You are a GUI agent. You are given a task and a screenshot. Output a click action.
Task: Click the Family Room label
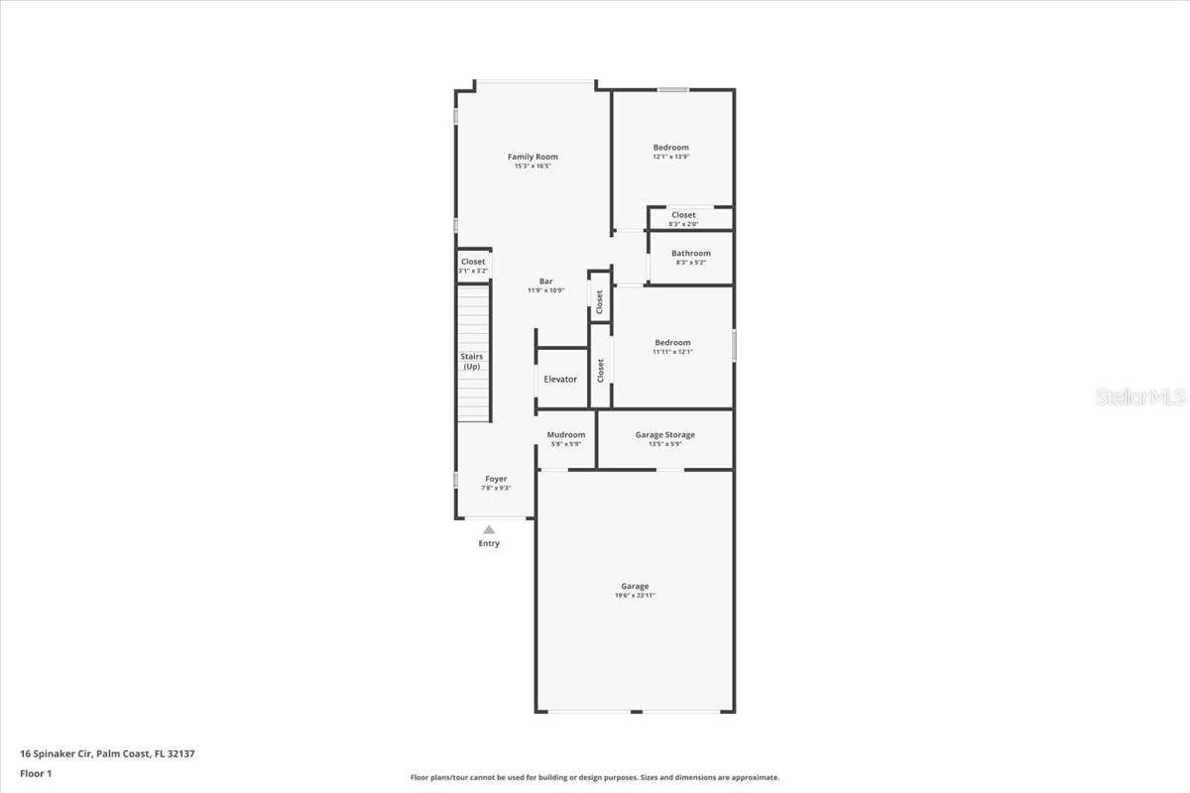coord(533,157)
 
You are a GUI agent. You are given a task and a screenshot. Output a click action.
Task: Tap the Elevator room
coord(560,380)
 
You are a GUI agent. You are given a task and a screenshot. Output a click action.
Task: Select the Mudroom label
coord(566,435)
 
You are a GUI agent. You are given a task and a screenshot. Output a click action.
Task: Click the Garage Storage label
coord(664,435)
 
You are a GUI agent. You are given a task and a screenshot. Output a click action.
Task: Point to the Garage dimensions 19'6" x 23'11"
coord(635,596)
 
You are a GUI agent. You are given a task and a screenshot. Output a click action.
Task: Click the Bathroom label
coord(690,254)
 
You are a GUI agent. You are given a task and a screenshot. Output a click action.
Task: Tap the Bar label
coord(545,281)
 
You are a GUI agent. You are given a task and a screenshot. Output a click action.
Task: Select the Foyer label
coord(496,479)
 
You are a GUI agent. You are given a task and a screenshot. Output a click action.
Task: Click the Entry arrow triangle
coord(489,530)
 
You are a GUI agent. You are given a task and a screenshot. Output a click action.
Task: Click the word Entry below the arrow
coord(489,543)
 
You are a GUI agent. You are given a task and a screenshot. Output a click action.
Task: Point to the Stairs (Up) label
coord(471,361)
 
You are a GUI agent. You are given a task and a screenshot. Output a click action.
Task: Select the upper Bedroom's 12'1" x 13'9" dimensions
coord(670,157)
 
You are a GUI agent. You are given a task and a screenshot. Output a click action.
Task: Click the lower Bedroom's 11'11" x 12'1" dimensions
coord(672,352)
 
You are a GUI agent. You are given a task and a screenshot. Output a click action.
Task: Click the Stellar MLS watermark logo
coord(1139,396)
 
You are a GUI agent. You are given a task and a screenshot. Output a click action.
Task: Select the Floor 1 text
coord(36,773)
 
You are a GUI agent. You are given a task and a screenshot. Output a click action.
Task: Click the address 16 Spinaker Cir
coord(56,753)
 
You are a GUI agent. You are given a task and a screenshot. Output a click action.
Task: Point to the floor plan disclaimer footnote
coord(594,778)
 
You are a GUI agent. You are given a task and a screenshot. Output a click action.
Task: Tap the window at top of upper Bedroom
coord(672,90)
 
